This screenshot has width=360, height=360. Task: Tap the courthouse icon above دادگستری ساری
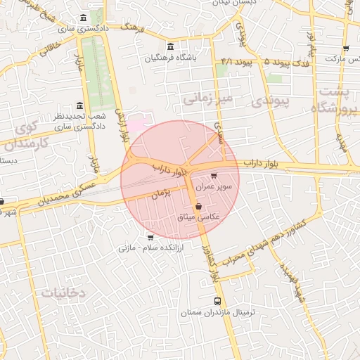point(84,18)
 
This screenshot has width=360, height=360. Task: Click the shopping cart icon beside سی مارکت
point(345,49)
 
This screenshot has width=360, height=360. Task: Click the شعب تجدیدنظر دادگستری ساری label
point(80,121)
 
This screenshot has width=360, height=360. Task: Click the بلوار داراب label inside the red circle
point(171,169)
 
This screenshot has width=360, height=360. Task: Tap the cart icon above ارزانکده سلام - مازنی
point(149,237)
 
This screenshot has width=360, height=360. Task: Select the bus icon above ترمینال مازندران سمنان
point(217,300)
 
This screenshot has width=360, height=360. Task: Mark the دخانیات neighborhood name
point(63,292)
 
